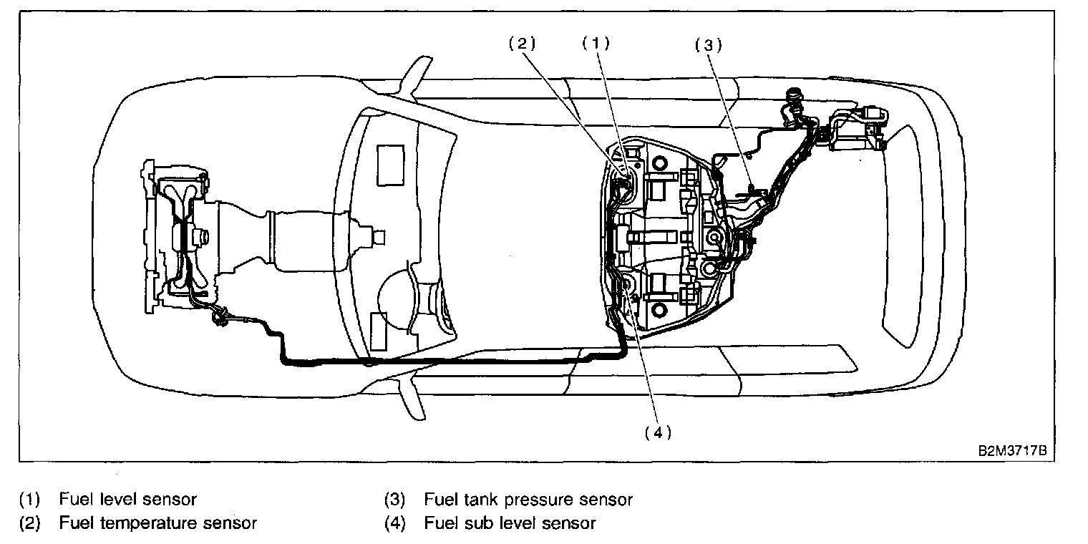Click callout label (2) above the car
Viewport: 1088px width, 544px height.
[x=522, y=43]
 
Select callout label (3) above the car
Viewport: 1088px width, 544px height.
[x=708, y=45]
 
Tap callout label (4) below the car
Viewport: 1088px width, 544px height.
[x=657, y=433]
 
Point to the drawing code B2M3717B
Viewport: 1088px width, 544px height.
[x=1016, y=452]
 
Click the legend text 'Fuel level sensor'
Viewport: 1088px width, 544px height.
[x=127, y=499]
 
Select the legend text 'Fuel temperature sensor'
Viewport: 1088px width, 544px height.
[x=157, y=523]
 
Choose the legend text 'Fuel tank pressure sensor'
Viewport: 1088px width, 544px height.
[x=528, y=499]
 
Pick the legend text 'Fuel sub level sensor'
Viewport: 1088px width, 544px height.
[x=509, y=523]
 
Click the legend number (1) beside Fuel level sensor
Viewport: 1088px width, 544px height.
[x=30, y=499]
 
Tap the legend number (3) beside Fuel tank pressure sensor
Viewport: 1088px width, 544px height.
[x=395, y=499]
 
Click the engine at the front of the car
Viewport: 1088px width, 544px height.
[x=179, y=229]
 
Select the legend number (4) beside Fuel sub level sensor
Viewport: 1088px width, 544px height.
[x=395, y=523]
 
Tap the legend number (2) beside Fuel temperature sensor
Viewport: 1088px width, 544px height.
[x=30, y=523]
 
